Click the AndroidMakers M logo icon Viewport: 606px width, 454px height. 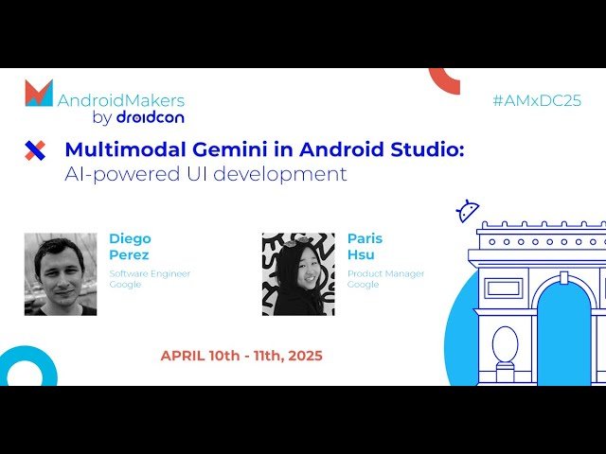[39, 93]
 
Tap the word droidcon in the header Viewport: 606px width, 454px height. [150, 117]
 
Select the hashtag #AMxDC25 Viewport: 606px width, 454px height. [536, 100]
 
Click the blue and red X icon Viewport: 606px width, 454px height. [35, 149]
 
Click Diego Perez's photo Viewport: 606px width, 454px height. [61, 274]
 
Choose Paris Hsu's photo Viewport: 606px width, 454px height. [298, 274]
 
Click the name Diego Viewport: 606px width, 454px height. [130, 238]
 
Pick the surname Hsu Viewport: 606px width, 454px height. [360, 255]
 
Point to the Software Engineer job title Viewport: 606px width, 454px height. [150, 273]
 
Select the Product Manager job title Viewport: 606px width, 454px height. [385, 273]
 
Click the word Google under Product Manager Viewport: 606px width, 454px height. [363, 284]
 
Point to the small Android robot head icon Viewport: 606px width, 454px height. [467, 211]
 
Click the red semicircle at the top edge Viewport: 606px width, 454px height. [444, 79]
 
